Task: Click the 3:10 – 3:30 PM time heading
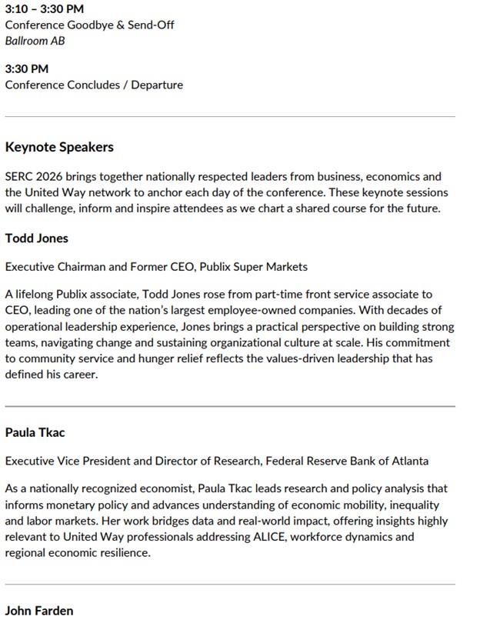[x=44, y=10]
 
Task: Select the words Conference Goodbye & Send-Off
[x=89, y=25]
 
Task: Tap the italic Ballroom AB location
[x=35, y=40]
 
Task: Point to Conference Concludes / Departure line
[x=94, y=85]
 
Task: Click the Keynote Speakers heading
[x=59, y=146]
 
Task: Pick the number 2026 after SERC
[x=51, y=176]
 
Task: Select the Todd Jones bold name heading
[x=36, y=238]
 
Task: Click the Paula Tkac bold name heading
[x=35, y=431]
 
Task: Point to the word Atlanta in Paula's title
[x=409, y=461]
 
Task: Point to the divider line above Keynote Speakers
[x=230, y=116]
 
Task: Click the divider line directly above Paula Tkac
[x=230, y=405]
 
